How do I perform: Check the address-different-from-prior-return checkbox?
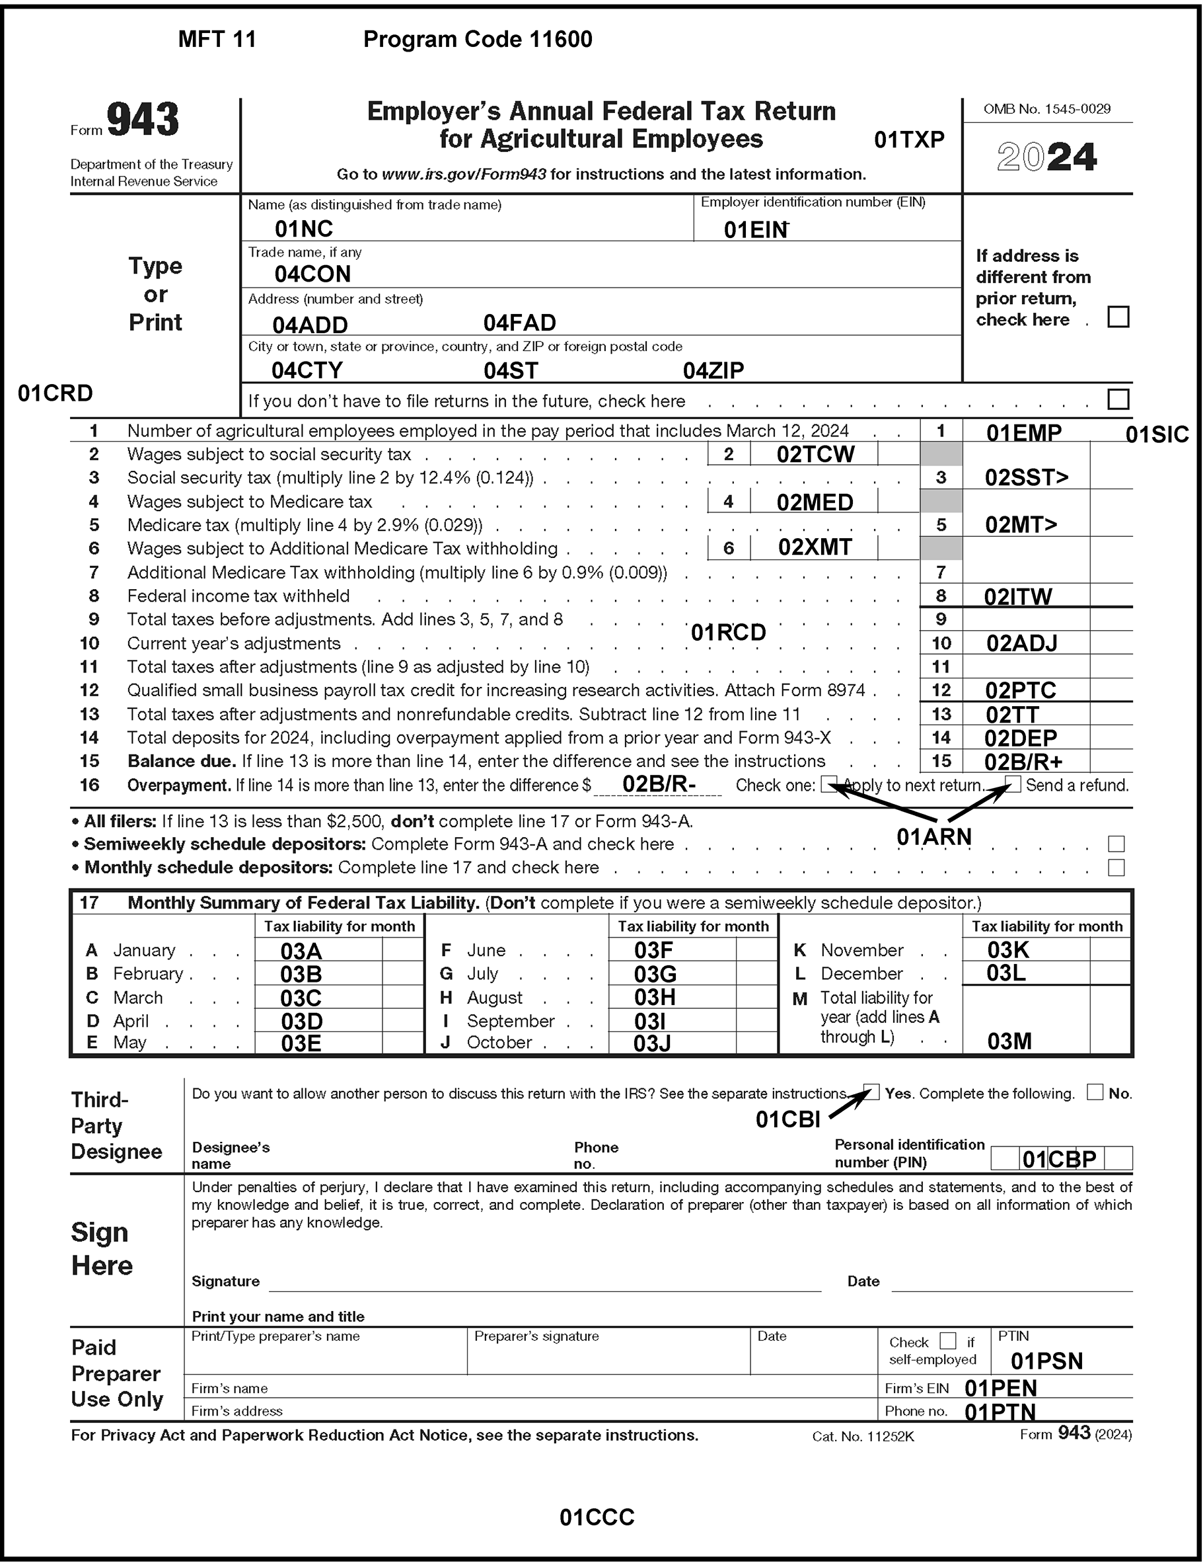tap(1117, 317)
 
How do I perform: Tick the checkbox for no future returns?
tap(1117, 399)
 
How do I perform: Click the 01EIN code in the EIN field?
tap(755, 229)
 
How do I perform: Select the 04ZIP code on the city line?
tap(713, 370)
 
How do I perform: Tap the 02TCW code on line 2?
tap(815, 454)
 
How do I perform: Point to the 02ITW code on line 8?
tap(1017, 597)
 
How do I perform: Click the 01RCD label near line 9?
tap(728, 633)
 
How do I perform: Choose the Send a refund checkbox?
tap(1013, 783)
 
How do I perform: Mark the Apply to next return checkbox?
tap(829, 783)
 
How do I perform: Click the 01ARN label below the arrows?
tap(933, 836)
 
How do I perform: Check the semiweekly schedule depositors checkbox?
tap(1116, 844)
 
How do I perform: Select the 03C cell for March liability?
tap(301, 998)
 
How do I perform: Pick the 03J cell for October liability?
tap(651, 1043)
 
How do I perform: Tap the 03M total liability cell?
tap(1009, 1041)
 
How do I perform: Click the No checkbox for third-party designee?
tap(1094, 1092)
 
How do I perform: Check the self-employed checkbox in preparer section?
tap(947, 1340)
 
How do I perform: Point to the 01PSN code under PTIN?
tap(1046, 1361)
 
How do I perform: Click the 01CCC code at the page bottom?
tap(597, 1517)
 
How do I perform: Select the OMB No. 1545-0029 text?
tap(1046, 110)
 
